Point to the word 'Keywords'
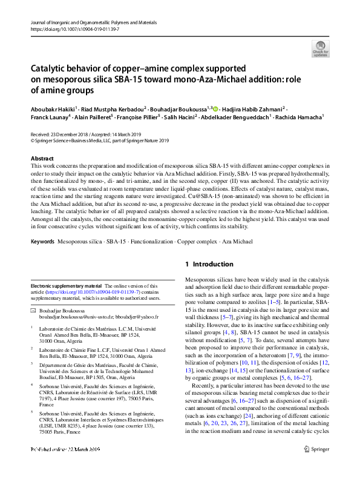[44, 242]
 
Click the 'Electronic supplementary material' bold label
[66, 285]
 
